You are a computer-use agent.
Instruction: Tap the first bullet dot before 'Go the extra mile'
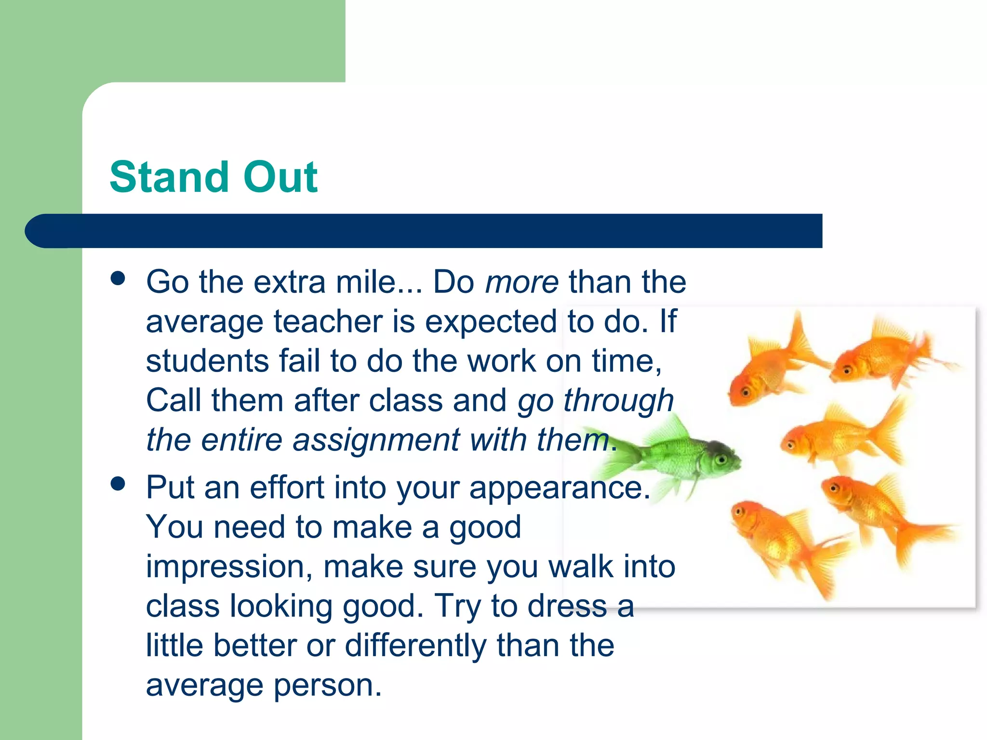click(118, 278)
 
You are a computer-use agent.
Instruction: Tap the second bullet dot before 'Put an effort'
click(118, 484)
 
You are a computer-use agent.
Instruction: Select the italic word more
click(521, 283)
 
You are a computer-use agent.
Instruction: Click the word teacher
click(328, 322)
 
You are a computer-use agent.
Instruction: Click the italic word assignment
click(376, 441)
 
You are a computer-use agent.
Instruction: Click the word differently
click(415, 646)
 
